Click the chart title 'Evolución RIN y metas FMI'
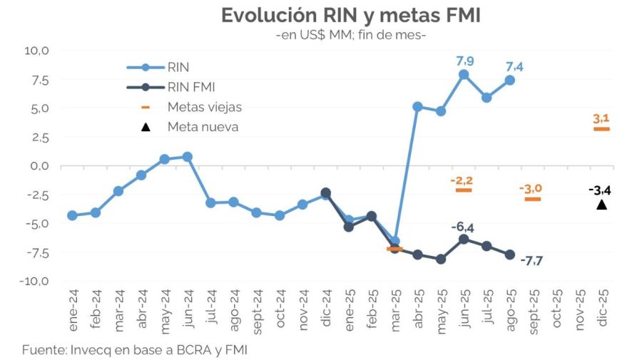[x=351, y=15]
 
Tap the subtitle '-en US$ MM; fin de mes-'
[x=350, y=35]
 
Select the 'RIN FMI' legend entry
[x=191, y=88]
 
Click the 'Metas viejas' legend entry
[x=205, y=107]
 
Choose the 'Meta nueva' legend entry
[x=203, y=127]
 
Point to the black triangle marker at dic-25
[x=601, y=205]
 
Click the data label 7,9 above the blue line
[x=465, y=61]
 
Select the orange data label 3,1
[x=601, y=118]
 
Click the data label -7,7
[x=531, y=261]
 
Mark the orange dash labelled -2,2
[x=464, y=190]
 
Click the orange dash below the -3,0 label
[x=533, y=199]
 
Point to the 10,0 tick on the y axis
[x=36, y=51]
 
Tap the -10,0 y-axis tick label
[x=34, y=281]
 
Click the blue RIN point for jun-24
[x=187, y=156]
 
